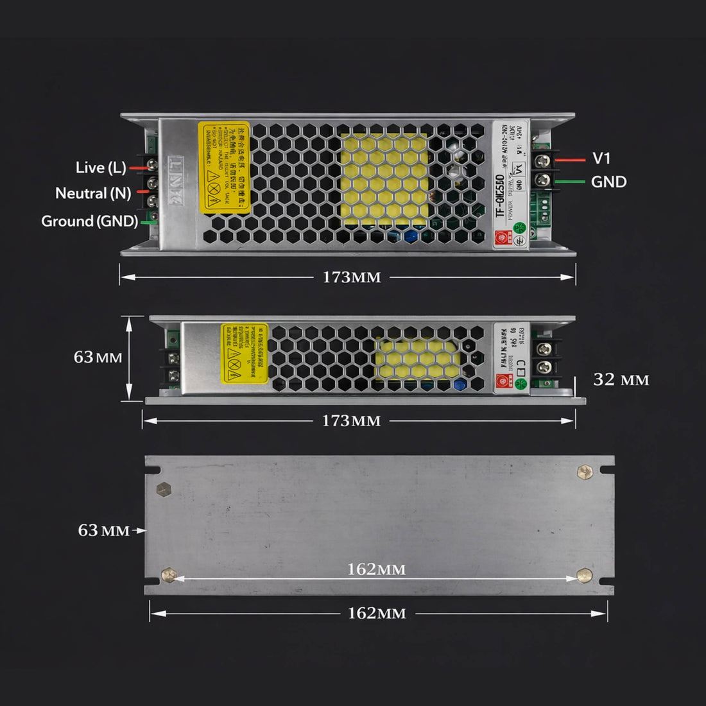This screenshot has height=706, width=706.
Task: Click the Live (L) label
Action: coord(101,168)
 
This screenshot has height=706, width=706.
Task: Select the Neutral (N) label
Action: coord(93,193)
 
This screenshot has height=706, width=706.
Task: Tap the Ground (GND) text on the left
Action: coord(89,221)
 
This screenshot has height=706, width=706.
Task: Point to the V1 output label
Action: coord(601,158)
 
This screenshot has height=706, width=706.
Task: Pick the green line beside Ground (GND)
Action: coord(148,222)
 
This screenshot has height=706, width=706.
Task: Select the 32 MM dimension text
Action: coord(621,379)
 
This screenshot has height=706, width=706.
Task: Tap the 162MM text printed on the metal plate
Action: coord(376,569)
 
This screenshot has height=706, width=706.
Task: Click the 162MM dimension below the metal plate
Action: coord(377,614)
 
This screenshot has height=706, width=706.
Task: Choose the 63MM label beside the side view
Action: coord(98,357)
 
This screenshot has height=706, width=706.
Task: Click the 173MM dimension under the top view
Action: coord(351,277)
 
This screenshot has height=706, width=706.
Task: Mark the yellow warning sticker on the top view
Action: coord(223,167)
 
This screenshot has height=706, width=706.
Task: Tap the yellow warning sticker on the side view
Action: coord(245,354)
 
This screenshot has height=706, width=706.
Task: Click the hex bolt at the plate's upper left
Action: coord(165,488)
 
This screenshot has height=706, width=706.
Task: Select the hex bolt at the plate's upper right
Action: coord(585,473)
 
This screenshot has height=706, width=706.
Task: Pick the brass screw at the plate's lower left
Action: coord(169,576)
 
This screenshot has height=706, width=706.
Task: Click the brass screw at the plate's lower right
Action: coord(584,575)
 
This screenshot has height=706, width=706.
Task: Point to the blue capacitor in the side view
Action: coord(459,385)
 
